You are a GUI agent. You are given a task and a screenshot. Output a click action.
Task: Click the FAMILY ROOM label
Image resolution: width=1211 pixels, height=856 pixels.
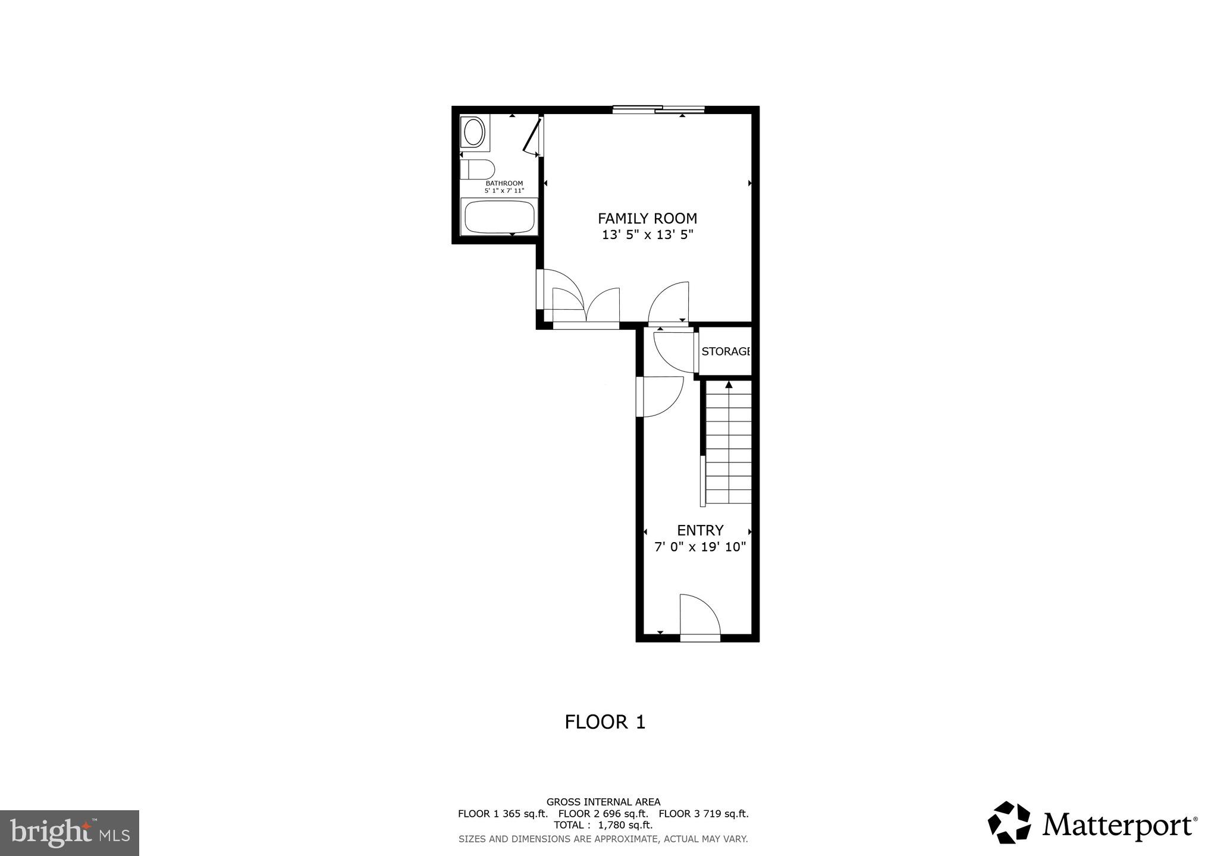click(647, 218)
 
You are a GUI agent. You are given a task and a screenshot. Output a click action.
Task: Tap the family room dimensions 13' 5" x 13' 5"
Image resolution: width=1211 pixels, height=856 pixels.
click(647, 235)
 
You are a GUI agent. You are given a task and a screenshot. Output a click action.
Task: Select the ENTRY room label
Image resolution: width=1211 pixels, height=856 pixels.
click(700, 530)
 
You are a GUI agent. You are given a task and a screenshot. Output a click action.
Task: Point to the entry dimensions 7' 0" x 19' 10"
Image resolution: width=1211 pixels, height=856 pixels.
click(700, 547)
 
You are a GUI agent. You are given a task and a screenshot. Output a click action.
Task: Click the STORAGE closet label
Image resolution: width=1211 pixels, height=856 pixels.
click(725, 351)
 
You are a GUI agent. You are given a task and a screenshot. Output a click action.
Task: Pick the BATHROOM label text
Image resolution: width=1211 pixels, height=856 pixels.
click(504, 183)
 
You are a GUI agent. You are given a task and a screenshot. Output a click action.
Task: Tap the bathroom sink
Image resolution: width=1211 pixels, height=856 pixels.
click(474, 133)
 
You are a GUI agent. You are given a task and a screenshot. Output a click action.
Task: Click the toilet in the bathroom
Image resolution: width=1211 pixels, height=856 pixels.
click(477, 169)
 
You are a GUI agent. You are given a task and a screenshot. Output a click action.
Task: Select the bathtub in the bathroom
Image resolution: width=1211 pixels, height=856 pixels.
click(500, 217)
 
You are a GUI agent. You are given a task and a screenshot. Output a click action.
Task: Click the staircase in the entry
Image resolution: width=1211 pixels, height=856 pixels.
click(729, 443)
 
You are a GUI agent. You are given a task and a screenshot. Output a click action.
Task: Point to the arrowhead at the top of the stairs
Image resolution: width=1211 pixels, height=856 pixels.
click(729, 385)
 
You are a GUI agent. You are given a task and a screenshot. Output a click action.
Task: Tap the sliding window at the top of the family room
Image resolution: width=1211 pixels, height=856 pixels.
click(658, 109)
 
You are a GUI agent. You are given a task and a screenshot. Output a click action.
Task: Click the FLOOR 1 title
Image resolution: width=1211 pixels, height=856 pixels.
click(605, 722)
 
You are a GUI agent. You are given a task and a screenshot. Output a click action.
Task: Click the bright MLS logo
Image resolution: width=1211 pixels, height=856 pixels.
click(70, 833)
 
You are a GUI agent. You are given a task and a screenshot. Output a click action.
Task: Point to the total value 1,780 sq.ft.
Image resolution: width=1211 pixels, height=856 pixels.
click(625, 825)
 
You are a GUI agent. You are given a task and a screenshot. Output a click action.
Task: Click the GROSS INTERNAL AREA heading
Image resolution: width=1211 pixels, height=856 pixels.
click(603, 802)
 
